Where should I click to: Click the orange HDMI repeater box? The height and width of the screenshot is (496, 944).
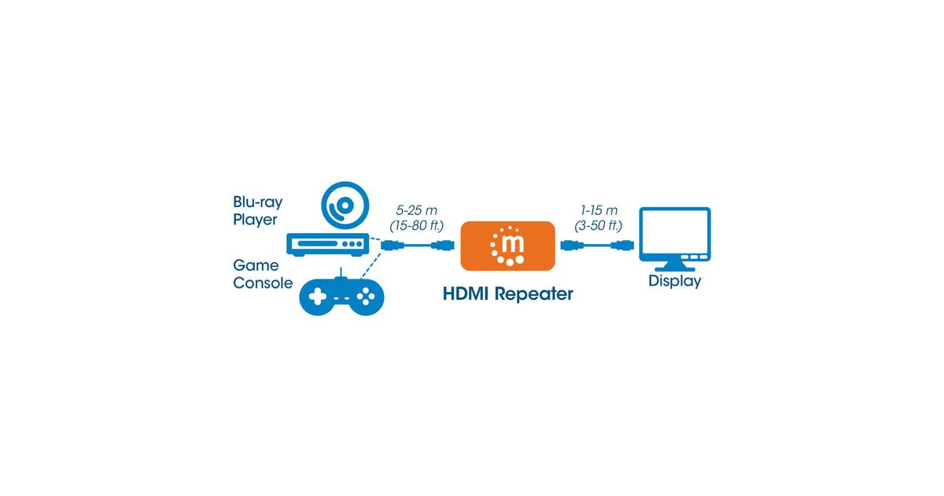tap(507, 246)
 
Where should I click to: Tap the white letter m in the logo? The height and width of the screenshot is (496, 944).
tap(513, 243)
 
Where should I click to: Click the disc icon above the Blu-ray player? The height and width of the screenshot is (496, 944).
tap(345, 205)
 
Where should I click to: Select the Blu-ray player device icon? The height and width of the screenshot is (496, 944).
tap(328, 244)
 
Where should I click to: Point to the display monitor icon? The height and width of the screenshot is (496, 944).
tap(675, 239)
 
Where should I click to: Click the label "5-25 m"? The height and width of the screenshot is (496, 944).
tap(416, 210)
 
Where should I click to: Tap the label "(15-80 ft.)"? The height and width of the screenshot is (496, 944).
tap(416, 226)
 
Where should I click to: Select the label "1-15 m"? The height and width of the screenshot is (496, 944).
tap(599, 210)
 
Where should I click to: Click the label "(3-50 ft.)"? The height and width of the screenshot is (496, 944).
tap(599, 226)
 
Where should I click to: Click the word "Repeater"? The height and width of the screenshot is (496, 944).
tap(534, 294)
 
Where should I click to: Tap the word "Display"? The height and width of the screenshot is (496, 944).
tap(675, 281)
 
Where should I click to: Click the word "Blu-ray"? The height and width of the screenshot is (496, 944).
tap(257, 202)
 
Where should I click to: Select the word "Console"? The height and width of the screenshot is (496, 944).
tap(263, 283)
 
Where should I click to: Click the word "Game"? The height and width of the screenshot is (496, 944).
tap(256, 265)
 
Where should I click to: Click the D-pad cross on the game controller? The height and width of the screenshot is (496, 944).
tap(317, 297)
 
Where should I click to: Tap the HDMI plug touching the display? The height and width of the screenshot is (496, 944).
tap(622, 245)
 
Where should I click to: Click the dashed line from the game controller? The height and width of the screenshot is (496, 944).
tap(371, 265)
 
